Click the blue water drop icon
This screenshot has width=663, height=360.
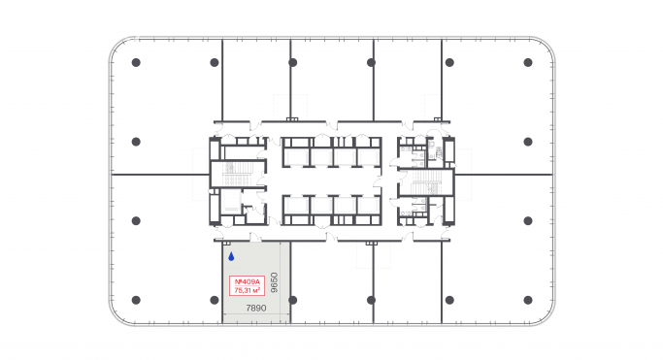231,257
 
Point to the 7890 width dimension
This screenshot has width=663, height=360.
255,309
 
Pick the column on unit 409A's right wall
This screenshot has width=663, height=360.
292,298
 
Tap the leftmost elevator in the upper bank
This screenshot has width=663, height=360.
294,156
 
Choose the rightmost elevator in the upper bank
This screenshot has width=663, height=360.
368,156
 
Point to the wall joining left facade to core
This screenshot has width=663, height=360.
160,175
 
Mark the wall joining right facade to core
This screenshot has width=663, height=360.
505,175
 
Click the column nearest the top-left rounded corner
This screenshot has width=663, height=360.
136,62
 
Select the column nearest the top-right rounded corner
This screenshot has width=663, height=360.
528,62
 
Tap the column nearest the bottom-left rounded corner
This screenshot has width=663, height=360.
136,298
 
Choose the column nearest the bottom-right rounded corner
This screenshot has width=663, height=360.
528,298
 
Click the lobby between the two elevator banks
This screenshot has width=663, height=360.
331,181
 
